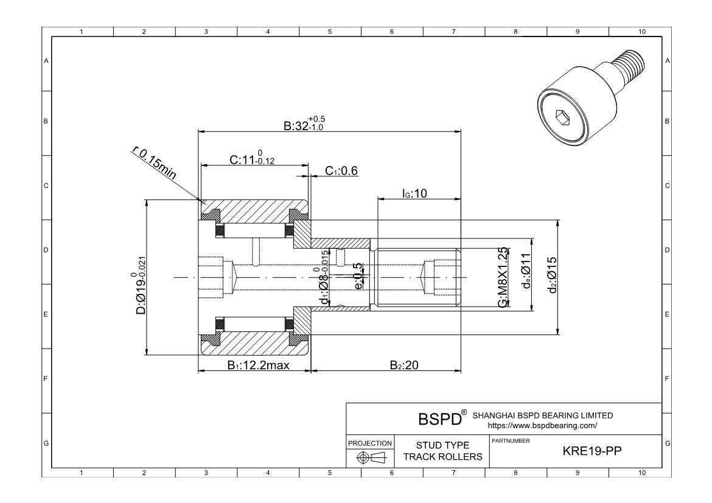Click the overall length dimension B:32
pos(304,123)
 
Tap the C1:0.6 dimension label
pos(341,171)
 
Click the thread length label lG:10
pos(414,193)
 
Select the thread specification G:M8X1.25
pos(502,277)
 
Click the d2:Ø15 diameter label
pos(552,275)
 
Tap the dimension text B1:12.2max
pos(259,365)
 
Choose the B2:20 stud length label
pos(404,365)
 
